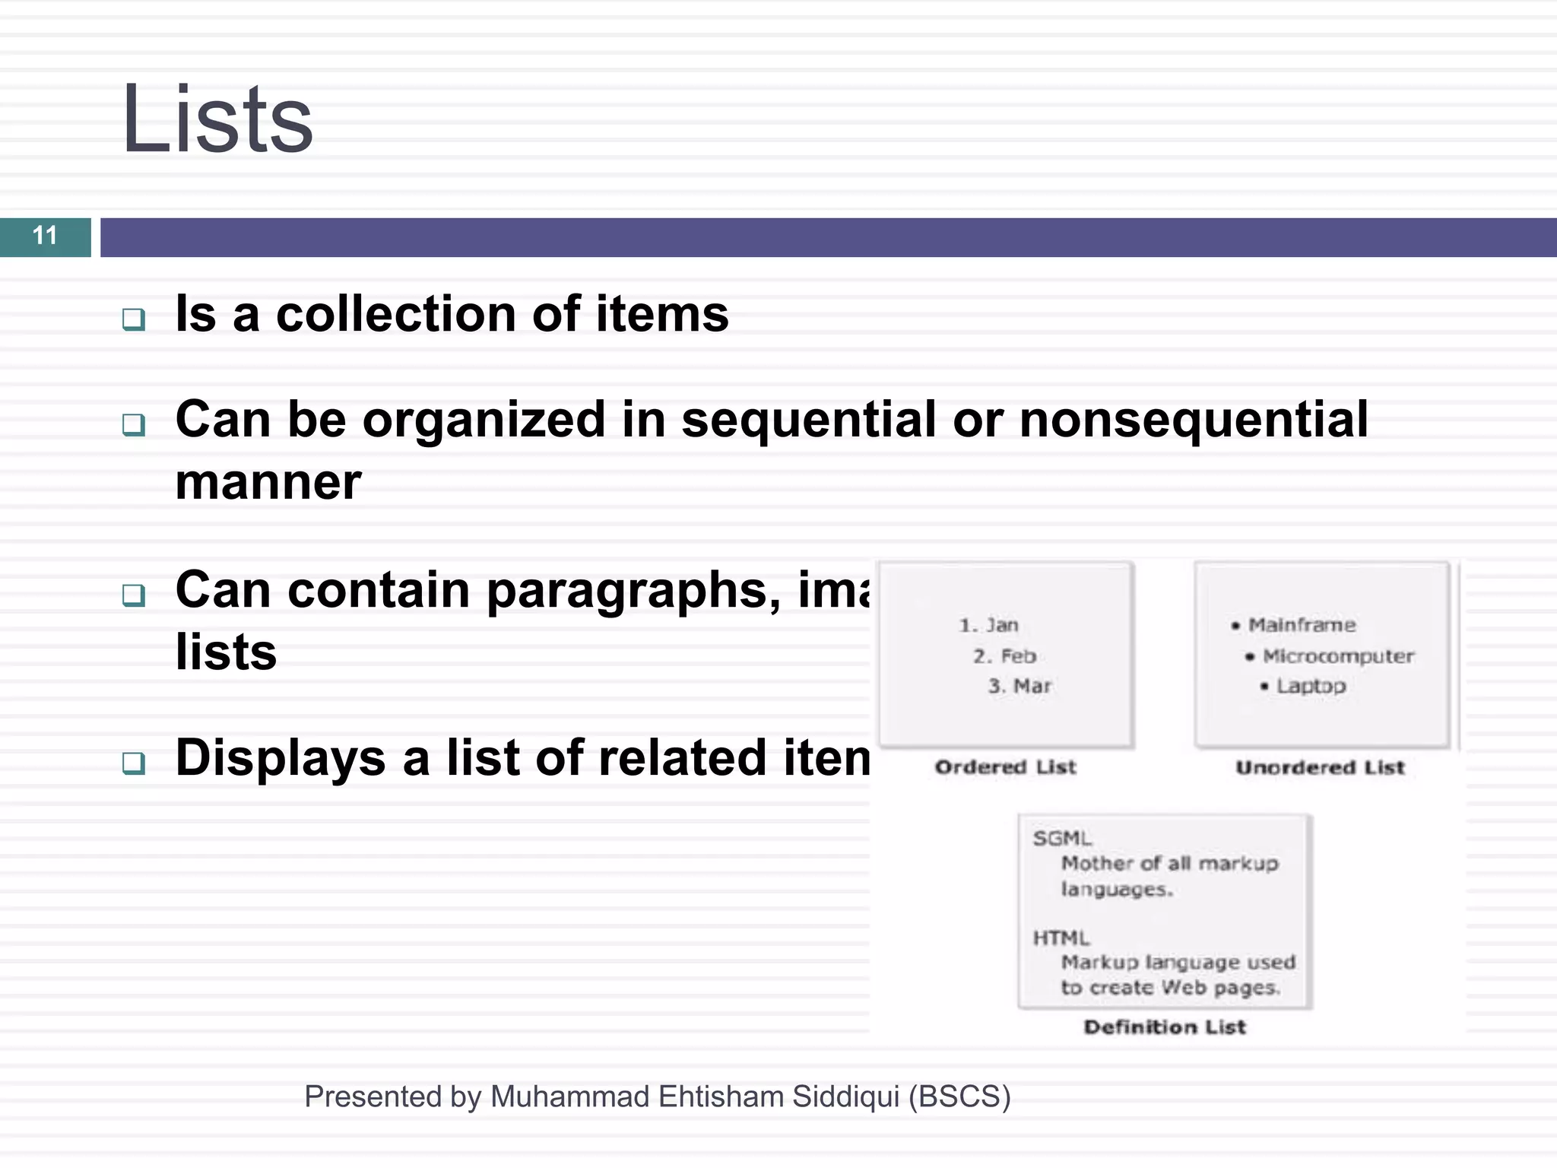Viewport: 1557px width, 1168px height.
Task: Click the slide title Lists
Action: [x=217, y=119]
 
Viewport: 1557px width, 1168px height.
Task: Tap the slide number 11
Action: [x=45, y=236]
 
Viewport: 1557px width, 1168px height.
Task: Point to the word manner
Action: [x=268, y=482]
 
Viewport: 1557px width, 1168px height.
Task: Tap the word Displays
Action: [x=281, y=758]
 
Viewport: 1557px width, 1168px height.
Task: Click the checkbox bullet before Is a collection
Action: [x=134, y=319]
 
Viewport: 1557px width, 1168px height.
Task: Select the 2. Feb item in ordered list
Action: [x=1004, y=655]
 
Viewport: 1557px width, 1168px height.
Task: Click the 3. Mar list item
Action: [x=1019, y=686]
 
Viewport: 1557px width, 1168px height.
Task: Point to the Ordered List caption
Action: [x=1005, y=766]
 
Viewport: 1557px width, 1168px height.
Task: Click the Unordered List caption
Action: [x=1320, y=767]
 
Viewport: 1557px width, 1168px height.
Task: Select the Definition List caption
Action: [x=1165, y=1027]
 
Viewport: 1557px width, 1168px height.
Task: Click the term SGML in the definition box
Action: [x=1061, y=839]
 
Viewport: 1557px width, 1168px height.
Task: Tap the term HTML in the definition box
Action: [x=1061, y=938]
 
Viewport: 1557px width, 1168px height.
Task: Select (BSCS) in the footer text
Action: [x=959, y=1097]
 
